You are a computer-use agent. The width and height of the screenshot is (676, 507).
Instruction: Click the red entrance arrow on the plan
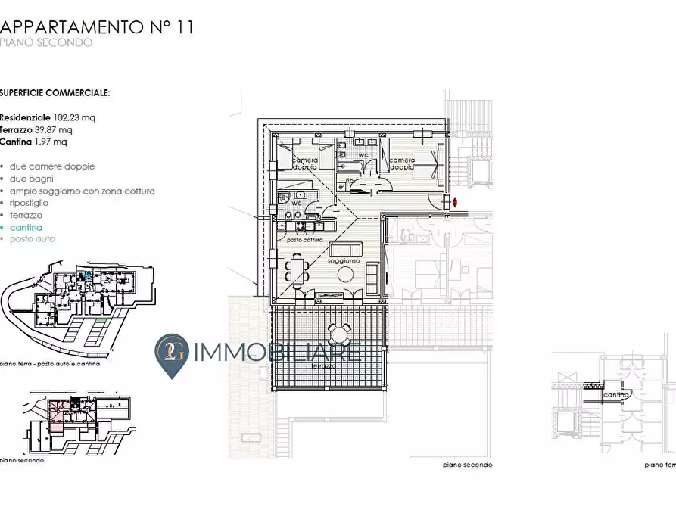click(x=455, y=202)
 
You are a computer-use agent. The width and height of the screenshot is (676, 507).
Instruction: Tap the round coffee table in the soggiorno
click(x=348, y=275)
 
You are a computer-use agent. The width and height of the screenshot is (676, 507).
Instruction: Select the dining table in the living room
click(x=297, y=269)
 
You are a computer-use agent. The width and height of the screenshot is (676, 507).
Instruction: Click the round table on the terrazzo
click(x=340, y=334)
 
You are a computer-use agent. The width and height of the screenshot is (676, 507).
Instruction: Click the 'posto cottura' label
click(x=305, y=240)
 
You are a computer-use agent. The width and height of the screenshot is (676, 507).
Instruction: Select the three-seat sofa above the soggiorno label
click(x=348, y=250)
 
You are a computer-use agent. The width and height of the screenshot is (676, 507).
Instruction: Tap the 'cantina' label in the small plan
click(x=616, y=395)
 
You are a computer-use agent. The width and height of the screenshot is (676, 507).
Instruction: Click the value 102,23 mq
click(x=74, y=117)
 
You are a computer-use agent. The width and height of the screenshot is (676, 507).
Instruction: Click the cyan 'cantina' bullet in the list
click(x=26, y=227)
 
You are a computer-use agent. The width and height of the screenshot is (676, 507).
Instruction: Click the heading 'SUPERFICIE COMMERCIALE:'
click(x=55, y=93)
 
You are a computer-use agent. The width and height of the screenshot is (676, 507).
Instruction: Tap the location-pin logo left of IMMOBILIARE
click(x=172, y=356)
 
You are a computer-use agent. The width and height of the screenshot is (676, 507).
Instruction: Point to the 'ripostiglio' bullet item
click(x=30, y=203)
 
